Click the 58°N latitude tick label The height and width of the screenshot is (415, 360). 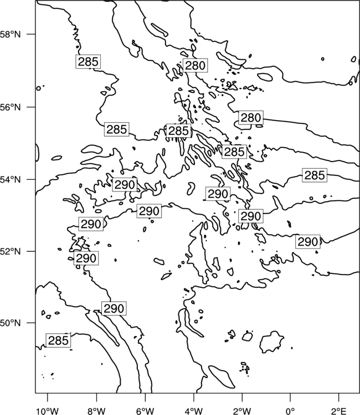(x=11, y=34)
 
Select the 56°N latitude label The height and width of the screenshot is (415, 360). (x=11, y=107)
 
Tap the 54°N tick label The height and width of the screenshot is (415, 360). (x=11, y=179)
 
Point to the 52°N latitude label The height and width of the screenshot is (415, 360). (x=11, y=251)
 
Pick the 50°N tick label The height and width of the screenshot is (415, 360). (x=11, y=323)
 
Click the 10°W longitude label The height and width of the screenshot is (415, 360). (x=48, y=411)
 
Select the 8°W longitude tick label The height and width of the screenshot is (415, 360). (x=96, y=411)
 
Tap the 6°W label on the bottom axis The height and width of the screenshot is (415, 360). (x=145, y=411)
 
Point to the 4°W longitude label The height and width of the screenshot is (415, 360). (x=194, y=411)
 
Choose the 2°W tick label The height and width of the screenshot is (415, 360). (x=242, y=411)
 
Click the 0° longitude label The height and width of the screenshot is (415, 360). (x=290, y=411)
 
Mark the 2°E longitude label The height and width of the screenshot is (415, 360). (x=339, y=411)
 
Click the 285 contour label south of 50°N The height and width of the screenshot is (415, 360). (x=59, y=340)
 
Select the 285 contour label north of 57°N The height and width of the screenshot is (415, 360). (x=88, y=61)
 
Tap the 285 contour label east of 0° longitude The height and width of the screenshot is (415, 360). (x=315, y=175)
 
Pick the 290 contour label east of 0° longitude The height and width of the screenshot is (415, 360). (x=307, y=242)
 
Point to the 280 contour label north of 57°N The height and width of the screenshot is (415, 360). (x=196, y=65)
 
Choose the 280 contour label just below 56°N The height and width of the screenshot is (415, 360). (x=251, y=117)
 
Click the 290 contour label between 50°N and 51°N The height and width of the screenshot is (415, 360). (x=114, y=308)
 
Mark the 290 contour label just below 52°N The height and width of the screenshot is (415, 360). (x=86, y=258)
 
